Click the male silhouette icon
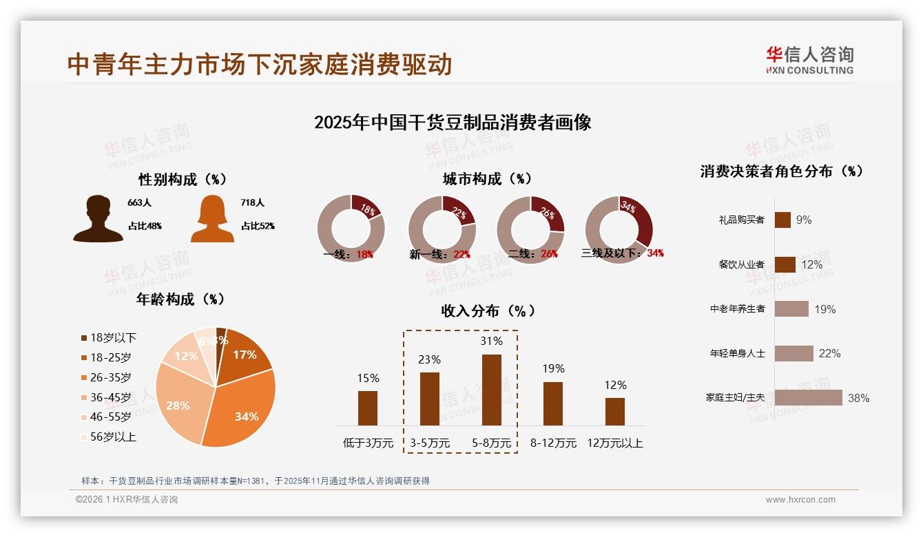click(98, 219)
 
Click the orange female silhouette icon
click(212, 219)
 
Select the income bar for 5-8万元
click(491, 390)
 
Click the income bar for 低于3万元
click(368, 408)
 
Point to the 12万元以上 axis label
click(614, 443)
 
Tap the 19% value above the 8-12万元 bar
click(552, 368)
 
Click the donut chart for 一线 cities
click(351, 229)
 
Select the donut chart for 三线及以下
click(618, 229)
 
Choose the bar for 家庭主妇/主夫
click(808, 397)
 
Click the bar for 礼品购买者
click(782, 220)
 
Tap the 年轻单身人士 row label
click(737, 353)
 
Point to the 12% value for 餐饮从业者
click(811, 264)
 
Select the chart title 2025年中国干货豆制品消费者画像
click(453, 123)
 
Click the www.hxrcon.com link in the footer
click(800, 500)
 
